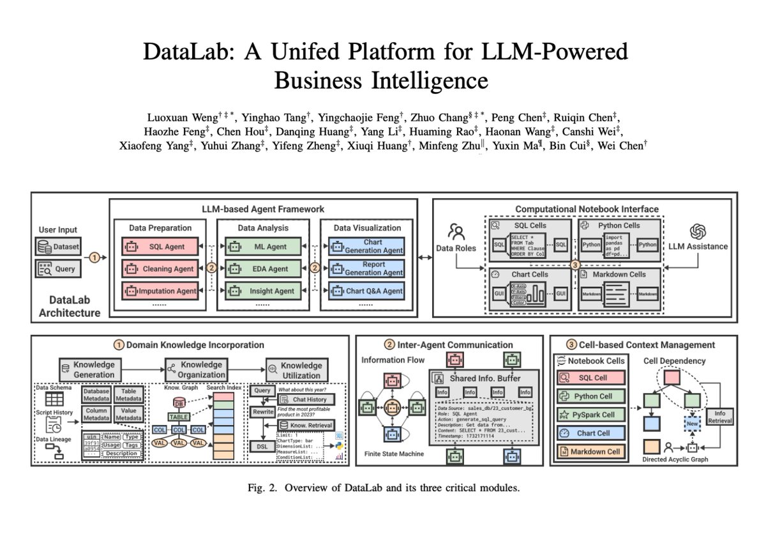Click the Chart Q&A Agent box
click(366, 291)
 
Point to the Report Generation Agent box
click(366, 269)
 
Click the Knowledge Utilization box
click(294, 368)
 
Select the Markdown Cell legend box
click(587, 452)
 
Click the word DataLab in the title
click(185, 52)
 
